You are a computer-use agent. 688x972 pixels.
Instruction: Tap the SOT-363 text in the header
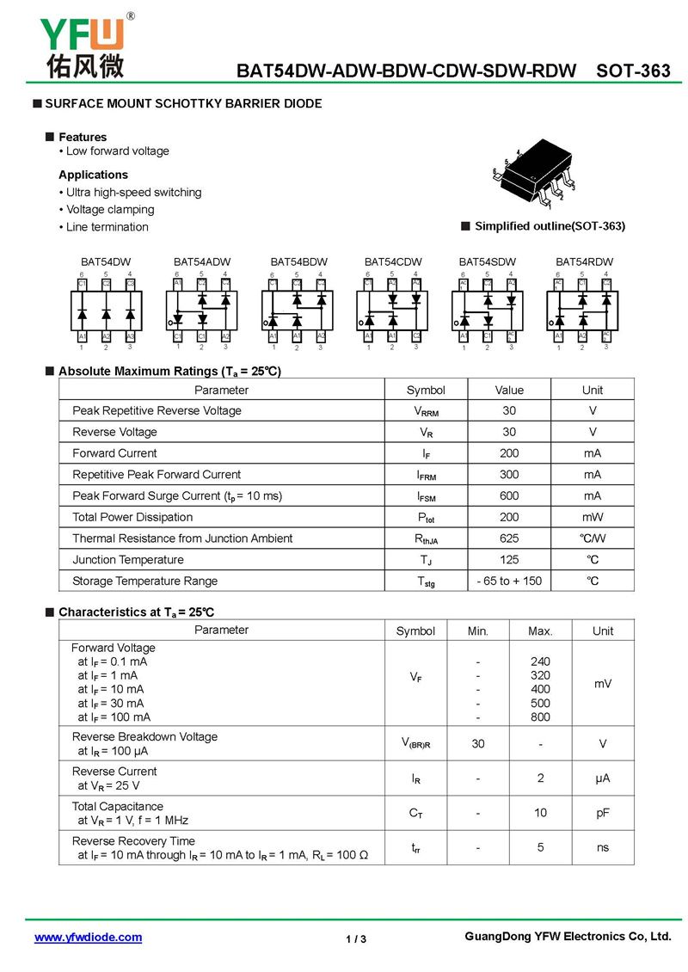pos(633,71)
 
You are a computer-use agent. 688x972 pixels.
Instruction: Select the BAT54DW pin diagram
pos(107,306)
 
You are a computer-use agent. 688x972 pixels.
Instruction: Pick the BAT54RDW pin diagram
pos(582,306)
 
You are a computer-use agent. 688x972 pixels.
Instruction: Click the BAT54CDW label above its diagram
pos(393,261)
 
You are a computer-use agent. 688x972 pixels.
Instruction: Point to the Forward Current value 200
pos(509,453)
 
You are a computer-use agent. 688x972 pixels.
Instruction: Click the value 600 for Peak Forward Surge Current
pos(509,495)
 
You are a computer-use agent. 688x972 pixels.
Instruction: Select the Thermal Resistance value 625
pos(509,538)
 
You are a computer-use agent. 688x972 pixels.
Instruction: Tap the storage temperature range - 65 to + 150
pos(509,581)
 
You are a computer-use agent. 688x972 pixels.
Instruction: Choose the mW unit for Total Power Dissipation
pos(593,517)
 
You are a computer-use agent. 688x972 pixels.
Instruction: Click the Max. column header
pos(540,631)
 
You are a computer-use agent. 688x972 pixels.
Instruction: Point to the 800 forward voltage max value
pos(540,717)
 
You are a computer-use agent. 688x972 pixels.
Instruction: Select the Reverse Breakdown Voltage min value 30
pos(478,744)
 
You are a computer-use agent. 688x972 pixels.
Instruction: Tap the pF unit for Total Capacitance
pos(603,813)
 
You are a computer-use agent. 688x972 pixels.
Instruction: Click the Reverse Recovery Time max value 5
pos(540,847)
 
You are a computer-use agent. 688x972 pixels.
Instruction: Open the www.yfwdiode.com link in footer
pos(88,938)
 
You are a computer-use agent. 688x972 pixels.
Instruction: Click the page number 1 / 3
pos(356,938)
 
